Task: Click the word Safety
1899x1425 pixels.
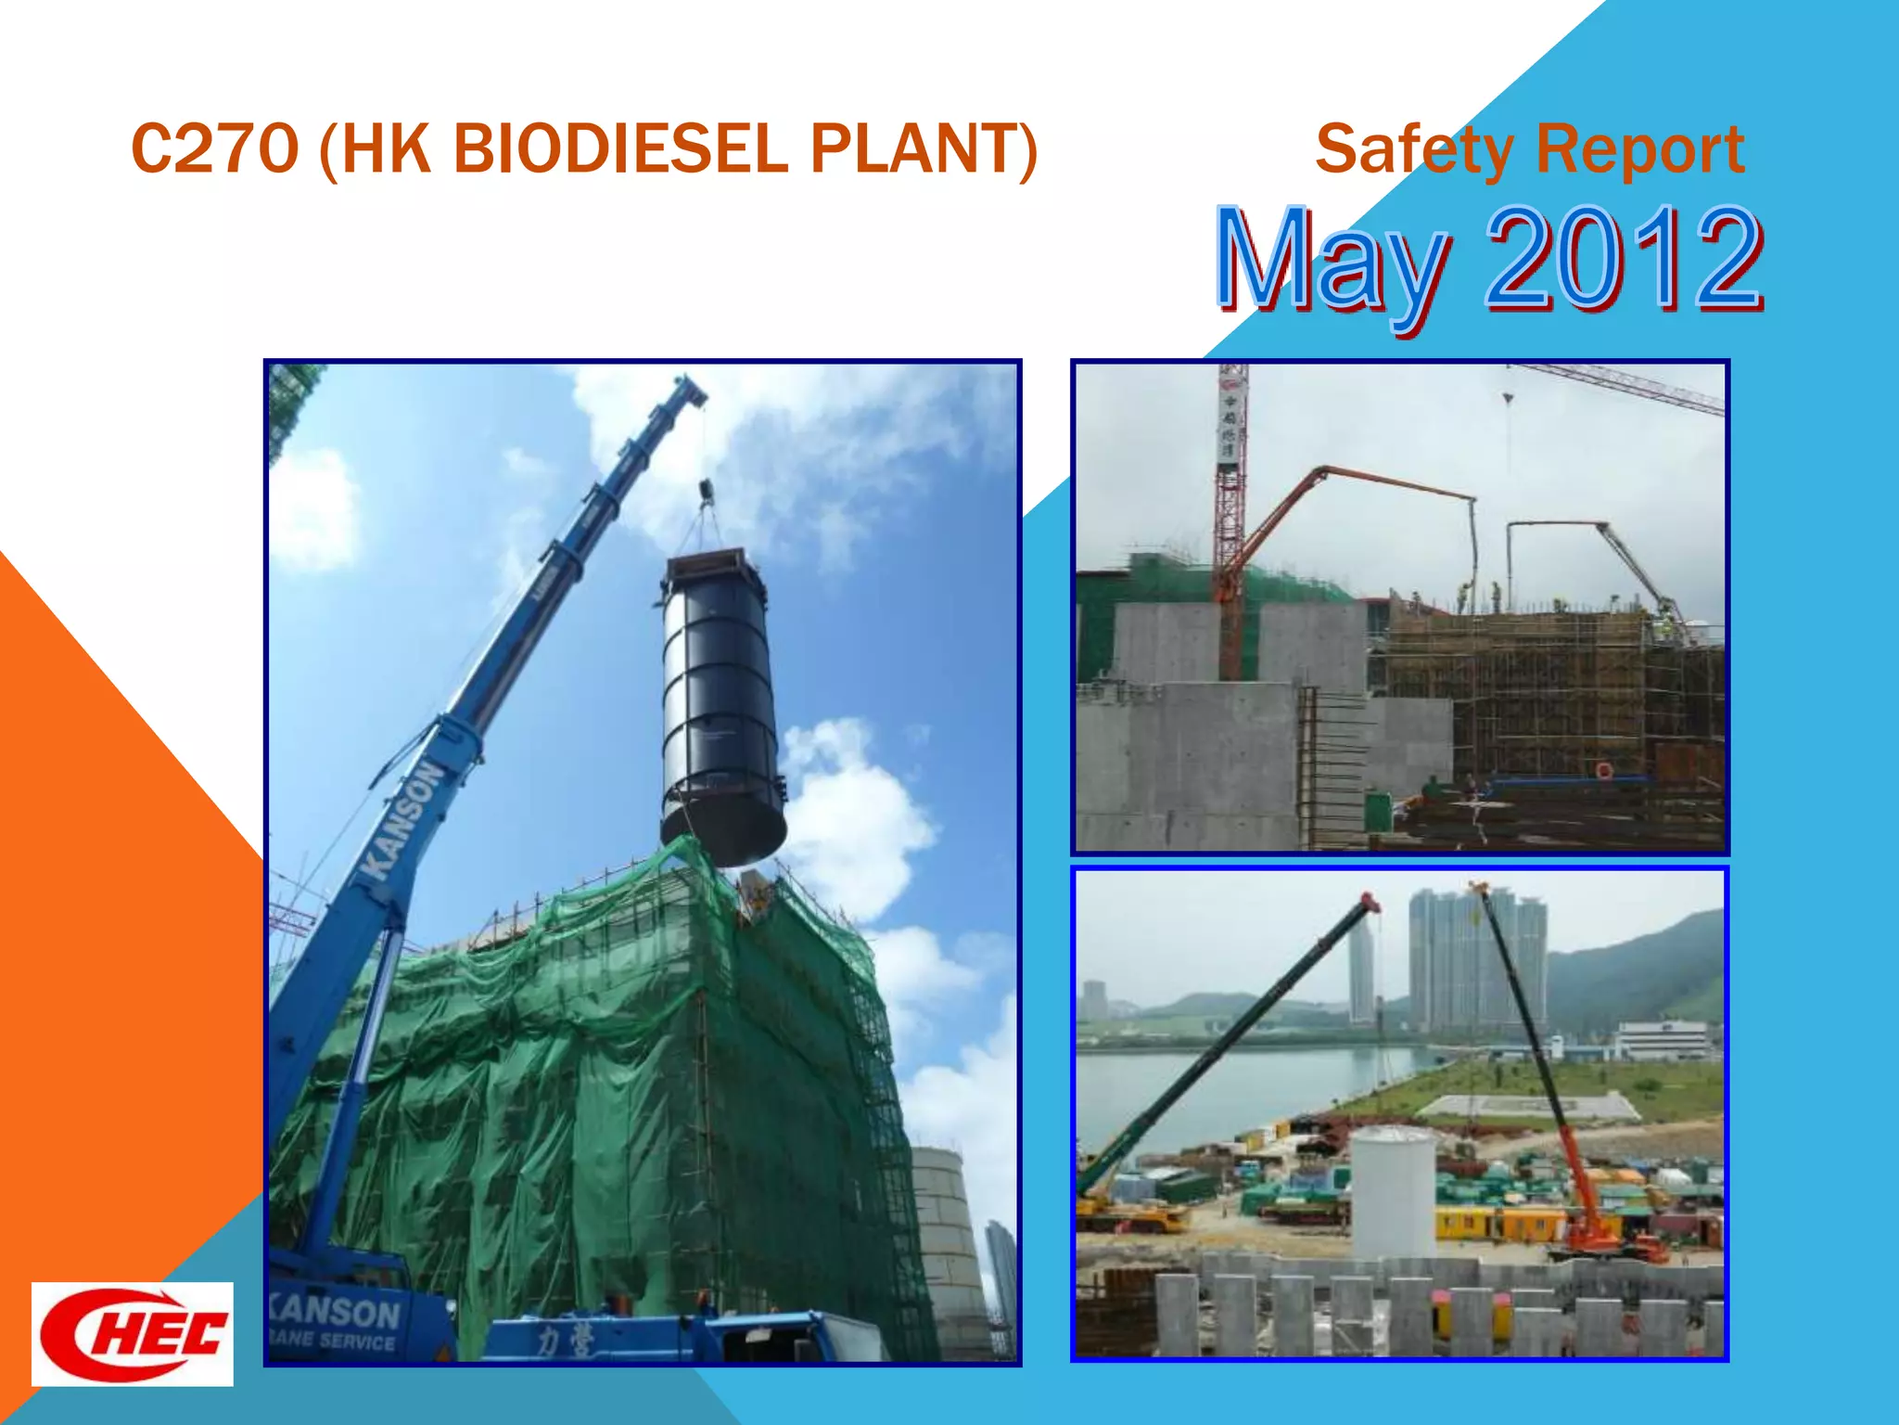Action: (x=1414, y=150)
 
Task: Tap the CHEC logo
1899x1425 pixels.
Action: (x=133, y=1334)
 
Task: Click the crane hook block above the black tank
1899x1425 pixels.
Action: (x=705, y=492)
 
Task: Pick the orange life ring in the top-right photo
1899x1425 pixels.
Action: (x=1603, y=771)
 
